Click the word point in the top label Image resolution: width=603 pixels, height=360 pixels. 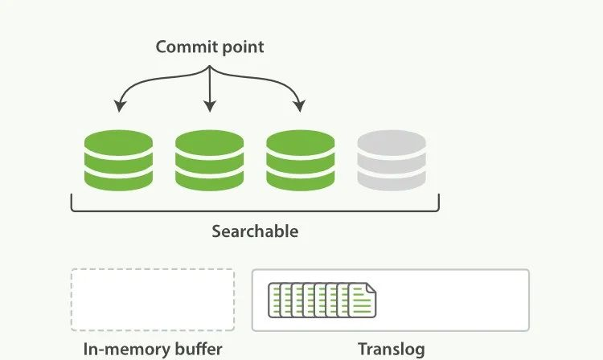(240, 47)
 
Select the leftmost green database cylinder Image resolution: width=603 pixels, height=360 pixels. (118, 162)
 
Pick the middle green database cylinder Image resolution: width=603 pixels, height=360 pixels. (209, 162)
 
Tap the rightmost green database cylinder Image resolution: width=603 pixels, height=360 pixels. (300, 162)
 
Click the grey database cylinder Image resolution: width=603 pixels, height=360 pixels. (392, 162)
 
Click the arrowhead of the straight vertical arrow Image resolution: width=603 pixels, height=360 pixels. (209, 106)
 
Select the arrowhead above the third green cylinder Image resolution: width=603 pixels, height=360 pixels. (300, 106)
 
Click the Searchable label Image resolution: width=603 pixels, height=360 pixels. (255, 231)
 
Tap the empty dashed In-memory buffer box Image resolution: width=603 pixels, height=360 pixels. (153, 300)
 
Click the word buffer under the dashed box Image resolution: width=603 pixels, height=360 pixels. (196, 350)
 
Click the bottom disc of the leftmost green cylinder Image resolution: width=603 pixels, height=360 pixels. (118, 180)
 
